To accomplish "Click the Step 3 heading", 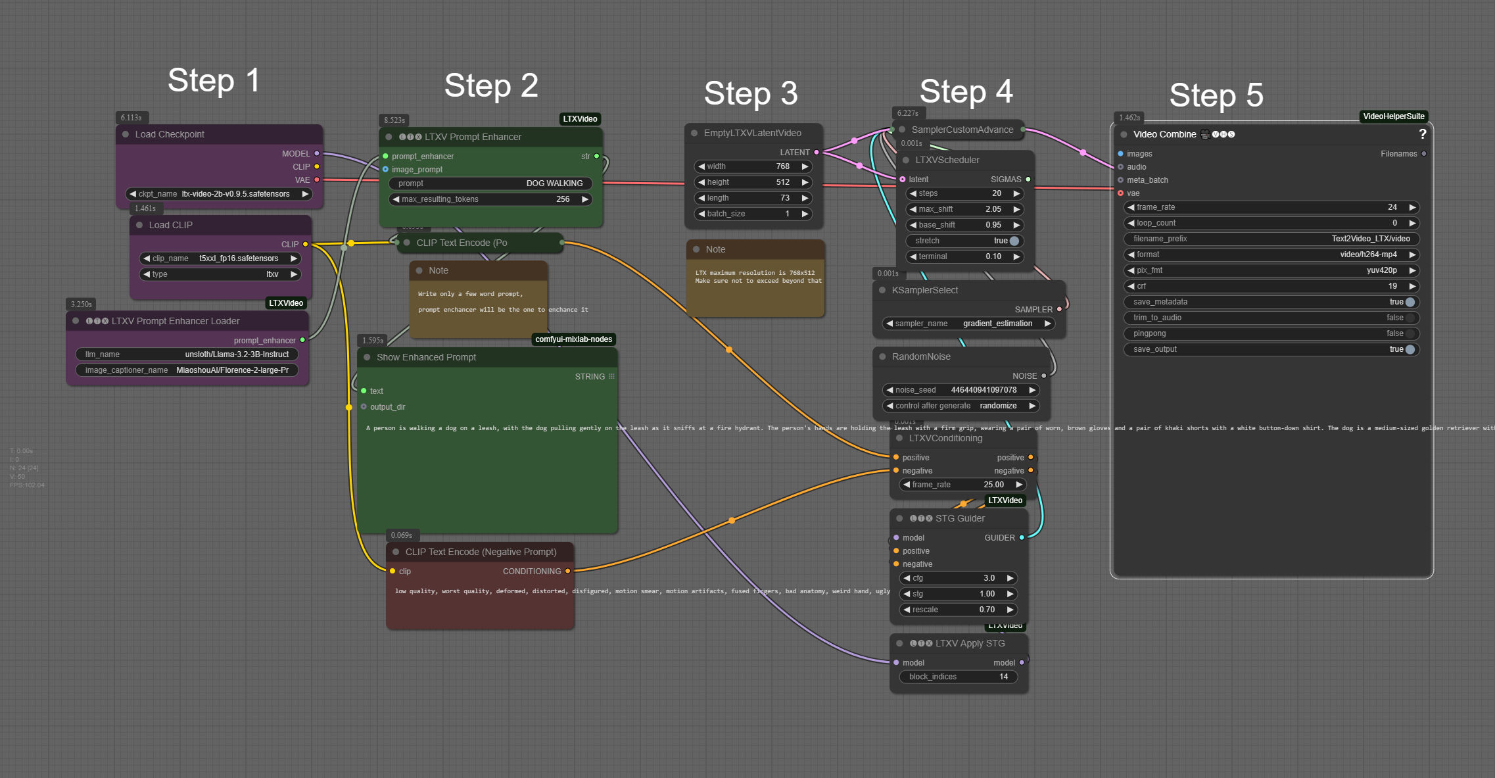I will [751, 93].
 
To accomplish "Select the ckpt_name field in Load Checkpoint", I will [218, 194].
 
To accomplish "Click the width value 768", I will [782, 166].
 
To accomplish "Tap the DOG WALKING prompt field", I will [490, 183].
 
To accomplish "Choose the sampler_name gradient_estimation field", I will [968, 324].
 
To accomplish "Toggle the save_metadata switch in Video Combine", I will [1410, 302].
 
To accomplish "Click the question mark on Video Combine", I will [1422, 134].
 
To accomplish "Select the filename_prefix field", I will [1271, 239].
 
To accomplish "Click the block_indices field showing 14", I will [958, 677].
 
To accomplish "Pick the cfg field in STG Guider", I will [958, 578].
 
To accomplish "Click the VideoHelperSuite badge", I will [1393, 116].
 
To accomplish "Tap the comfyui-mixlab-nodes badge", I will [573, 339].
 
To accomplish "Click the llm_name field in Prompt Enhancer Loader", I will [187, 354].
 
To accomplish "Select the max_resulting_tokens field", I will [490, 199].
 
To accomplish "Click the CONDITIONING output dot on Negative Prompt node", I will [568, 571].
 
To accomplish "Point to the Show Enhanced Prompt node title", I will [426, 357].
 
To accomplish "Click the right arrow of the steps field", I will [1016, 193].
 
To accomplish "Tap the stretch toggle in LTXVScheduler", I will [1014, 241].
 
